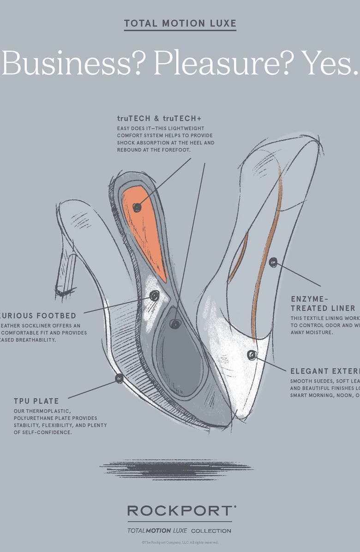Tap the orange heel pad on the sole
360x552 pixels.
click(144, 231)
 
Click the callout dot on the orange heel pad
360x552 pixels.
click(137, 207)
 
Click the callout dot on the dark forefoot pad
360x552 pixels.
click(174, 324)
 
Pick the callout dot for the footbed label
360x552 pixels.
click(154, 295)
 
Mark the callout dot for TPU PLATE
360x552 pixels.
click(119, 378)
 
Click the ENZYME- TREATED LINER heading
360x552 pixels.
click(323, 302)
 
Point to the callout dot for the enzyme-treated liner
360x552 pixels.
click(273, 262)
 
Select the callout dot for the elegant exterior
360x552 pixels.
click(252, 354)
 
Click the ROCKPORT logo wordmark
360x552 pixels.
click(180, 510)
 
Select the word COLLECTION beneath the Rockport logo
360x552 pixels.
click(211, 531)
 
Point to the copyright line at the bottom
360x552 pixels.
click(180, 543)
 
